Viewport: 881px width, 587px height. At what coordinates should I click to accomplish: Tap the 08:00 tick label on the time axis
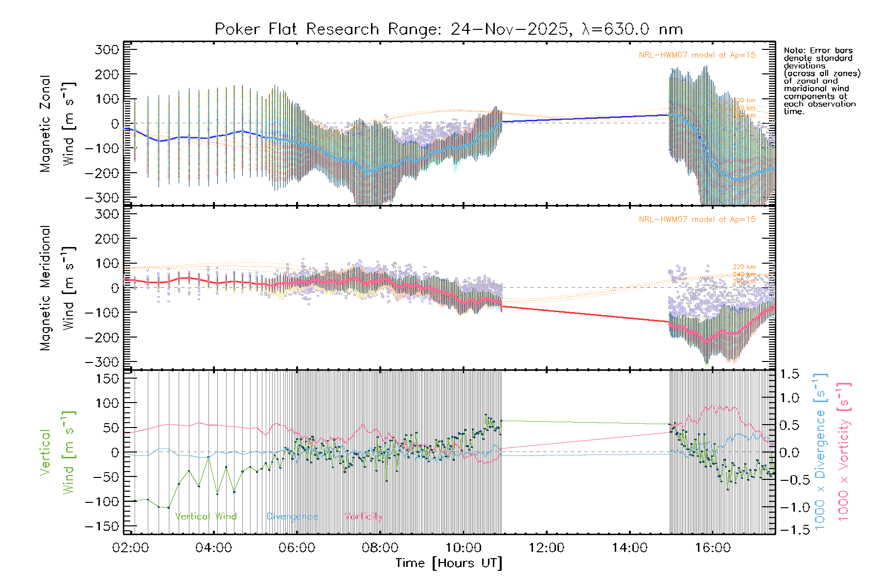[380, 548]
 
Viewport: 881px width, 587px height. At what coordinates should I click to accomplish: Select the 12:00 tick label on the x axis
[546, 548]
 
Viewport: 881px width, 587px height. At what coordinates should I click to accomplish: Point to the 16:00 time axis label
[713, 548]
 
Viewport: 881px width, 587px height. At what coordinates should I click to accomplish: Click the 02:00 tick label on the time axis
[130, 548]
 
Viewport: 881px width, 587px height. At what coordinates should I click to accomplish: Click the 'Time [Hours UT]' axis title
[449, 563]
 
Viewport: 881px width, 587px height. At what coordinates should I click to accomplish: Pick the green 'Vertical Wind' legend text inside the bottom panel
[206, 516]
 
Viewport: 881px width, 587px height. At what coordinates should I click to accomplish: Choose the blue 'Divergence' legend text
[292, 516]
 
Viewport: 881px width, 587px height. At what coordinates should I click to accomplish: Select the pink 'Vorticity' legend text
[363, 516]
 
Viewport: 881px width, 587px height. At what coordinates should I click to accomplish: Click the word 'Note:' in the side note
[795, 50]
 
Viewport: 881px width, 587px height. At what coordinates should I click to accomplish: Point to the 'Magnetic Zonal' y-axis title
[46, 123]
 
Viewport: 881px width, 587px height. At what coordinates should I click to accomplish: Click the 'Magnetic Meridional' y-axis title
[46, 288]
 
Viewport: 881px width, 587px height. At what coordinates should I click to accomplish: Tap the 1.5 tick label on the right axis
[789, 374]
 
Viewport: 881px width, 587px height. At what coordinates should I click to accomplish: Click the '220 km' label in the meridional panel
[744, 267]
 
